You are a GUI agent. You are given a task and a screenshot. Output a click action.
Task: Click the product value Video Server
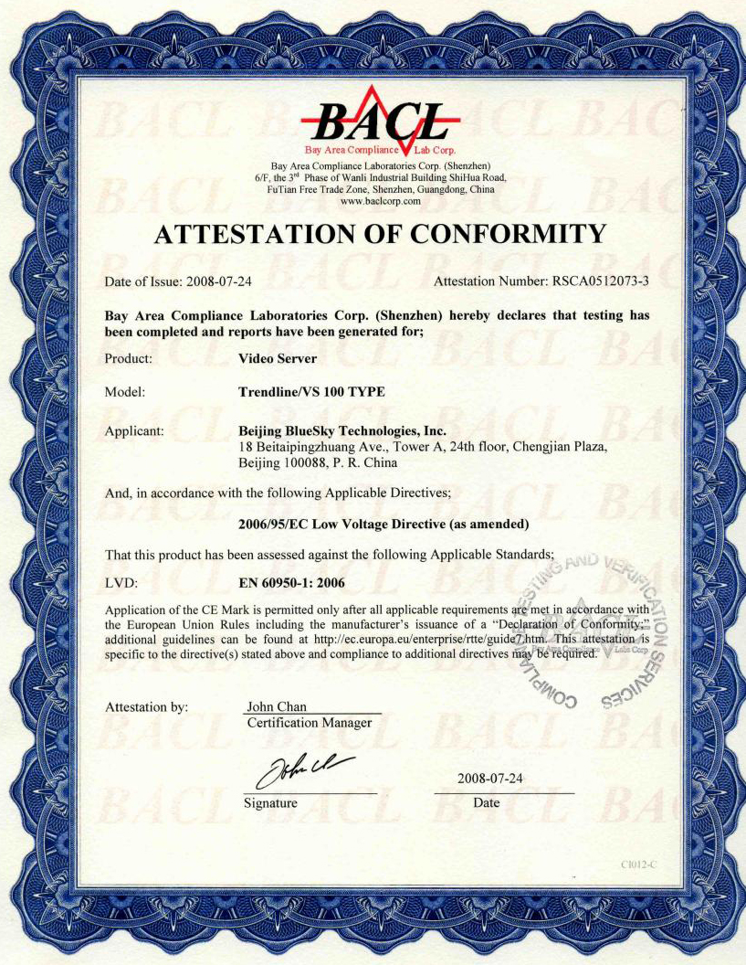[x=277, y=359]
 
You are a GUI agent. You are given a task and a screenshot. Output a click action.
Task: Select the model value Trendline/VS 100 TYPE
[x=311, y=392]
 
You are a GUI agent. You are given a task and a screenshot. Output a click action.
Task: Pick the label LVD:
[x=121, y=580]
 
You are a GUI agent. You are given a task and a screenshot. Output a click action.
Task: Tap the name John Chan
[x=277, y=707]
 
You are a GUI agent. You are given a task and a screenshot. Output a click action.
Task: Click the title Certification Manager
[x=310, y=723]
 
